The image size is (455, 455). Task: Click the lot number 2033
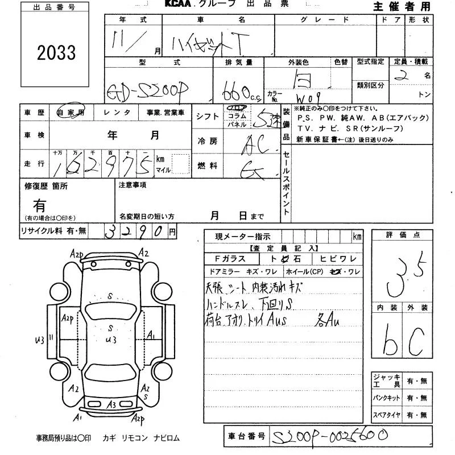click(56, 53)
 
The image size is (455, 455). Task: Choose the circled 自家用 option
click(72, 113)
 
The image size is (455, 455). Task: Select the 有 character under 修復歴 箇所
click(39, 205)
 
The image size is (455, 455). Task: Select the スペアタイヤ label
click(387, 416)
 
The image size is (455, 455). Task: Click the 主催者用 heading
click(402, 6)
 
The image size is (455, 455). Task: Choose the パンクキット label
click(387, 399)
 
